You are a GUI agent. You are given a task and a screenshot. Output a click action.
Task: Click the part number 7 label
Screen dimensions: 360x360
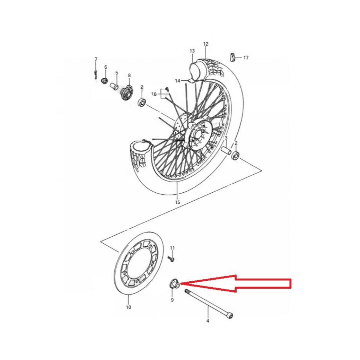point(96,59)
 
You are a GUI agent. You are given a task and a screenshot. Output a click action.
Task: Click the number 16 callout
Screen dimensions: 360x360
point(154,94)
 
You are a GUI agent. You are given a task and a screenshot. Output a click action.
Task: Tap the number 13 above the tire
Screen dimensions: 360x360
point(192,51)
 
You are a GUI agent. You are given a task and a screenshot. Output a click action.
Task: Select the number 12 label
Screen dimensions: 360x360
point(205,44)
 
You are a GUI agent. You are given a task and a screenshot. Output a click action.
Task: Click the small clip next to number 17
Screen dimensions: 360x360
point(232,57)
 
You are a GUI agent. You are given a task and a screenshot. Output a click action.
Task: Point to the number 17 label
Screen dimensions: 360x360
point(246,58)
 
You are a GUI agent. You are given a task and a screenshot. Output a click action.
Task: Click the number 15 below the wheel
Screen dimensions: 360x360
point(177,202)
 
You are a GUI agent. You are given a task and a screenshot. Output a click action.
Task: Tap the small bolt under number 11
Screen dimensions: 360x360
point(172,258)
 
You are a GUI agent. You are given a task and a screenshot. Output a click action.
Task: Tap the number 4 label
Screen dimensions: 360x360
point(208,321)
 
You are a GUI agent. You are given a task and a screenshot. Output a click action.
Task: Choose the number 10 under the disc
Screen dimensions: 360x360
point(128,307)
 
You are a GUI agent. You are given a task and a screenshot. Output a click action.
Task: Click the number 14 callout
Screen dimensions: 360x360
point(177,81)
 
